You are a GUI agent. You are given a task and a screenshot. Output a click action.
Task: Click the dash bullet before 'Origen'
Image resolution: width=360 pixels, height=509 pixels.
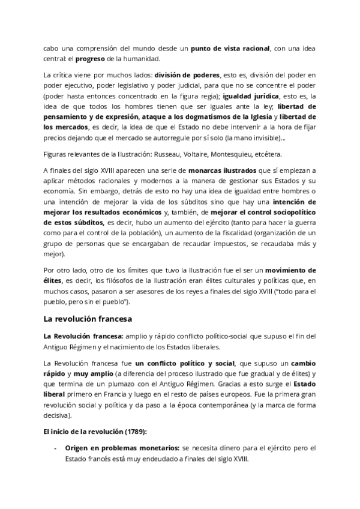[56, 448]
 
